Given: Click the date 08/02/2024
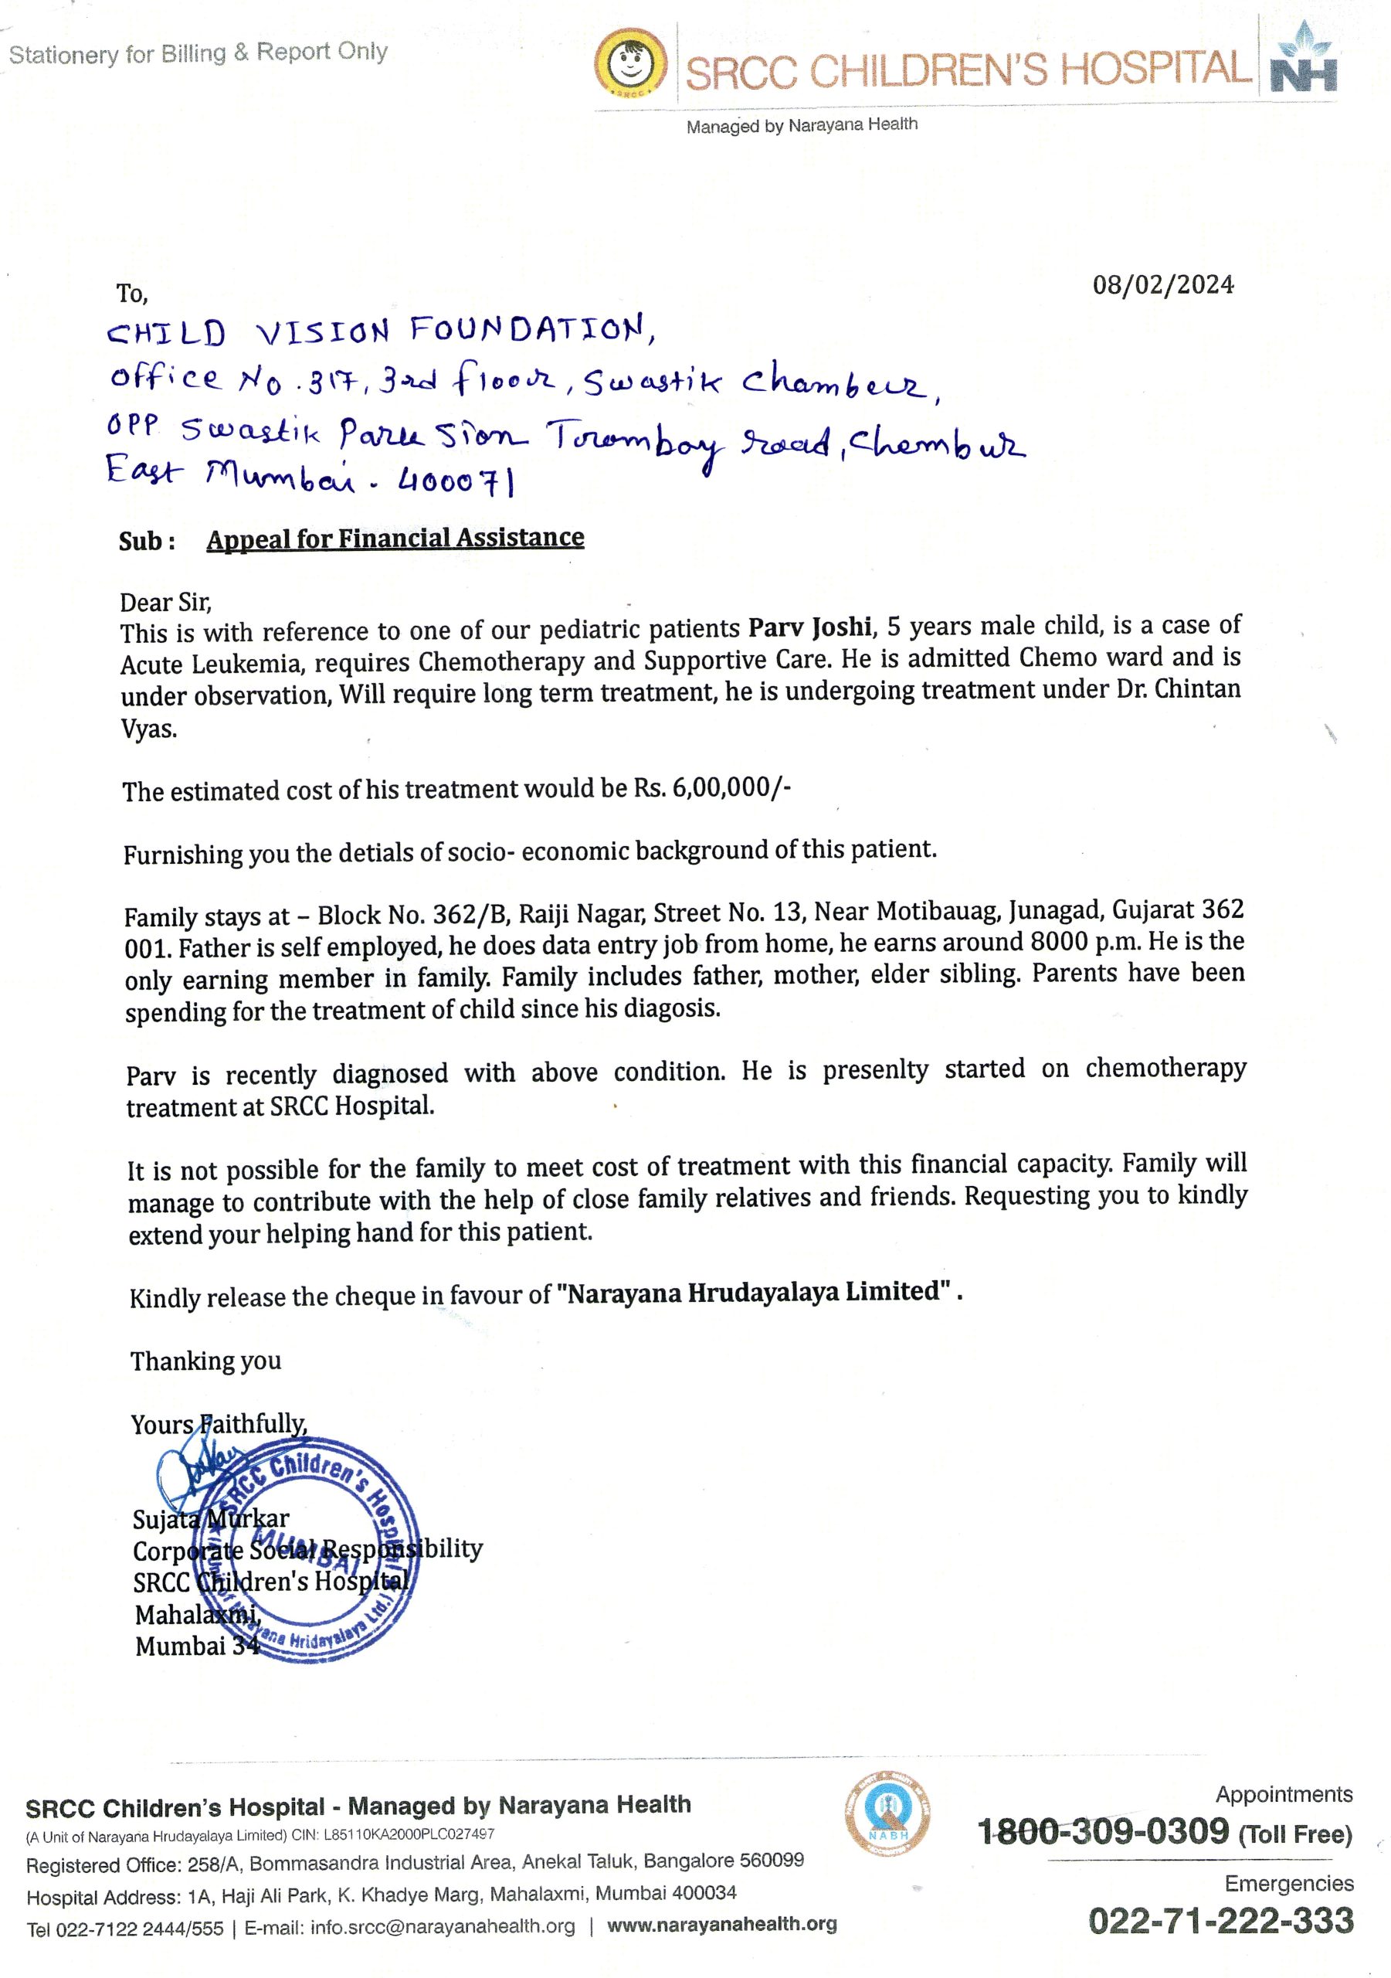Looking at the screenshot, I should (1162, 285).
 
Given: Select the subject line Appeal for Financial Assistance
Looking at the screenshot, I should (395, 539).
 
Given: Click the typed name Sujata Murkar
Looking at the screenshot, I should (211, 1519).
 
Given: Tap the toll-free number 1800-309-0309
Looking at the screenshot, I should (1104, 1831).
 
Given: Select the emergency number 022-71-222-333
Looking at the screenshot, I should (1220, 1921).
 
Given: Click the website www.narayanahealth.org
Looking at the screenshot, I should (722, 1925).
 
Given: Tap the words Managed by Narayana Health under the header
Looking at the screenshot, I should (802, 126).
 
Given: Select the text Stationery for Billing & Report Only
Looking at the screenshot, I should (198, 53).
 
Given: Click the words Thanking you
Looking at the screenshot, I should (206, 1362).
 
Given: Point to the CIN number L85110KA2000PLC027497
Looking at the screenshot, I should (409, 1835).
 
